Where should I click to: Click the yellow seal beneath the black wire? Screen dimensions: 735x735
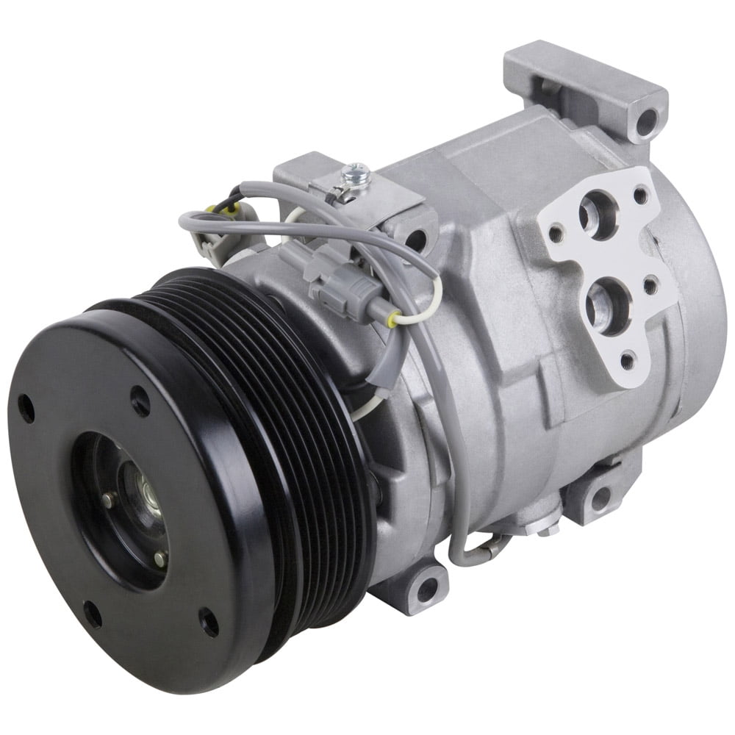pyautogui.click(x=218, y=210)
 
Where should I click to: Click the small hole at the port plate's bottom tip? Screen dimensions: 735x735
pyautogui.click(x=627, y=361)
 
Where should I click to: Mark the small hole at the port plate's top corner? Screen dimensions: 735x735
pyautogui.click(x=640, y=196)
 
